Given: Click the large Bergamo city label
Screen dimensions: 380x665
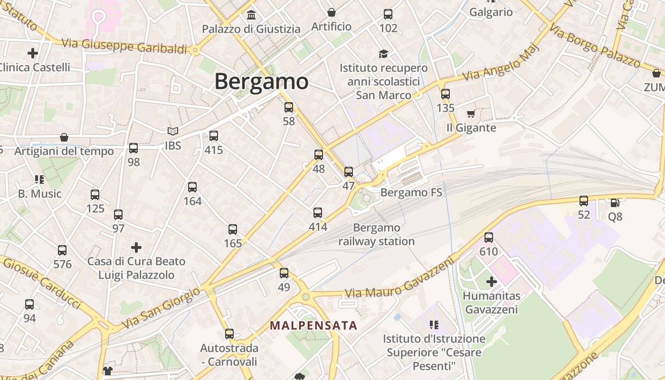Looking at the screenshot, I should [x=261, y=81].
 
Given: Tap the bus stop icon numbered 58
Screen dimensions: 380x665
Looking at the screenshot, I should [x=289, y=107].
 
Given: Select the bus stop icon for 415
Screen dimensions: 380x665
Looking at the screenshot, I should [x=214, y=136].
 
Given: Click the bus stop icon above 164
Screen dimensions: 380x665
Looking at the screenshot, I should [x=192, y=187].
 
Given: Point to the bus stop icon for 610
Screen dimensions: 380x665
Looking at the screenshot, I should [x=489, y=237].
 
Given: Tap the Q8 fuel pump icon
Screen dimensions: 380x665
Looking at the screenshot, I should [x=615, y=202].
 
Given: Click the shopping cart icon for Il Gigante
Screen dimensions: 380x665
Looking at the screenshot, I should [x=471, y=114].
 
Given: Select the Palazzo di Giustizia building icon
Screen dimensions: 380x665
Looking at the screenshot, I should [x=251, y=15].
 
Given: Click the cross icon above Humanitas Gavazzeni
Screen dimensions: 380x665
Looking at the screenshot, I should [x=492, y=282].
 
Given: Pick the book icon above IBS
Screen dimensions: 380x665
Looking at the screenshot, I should [x=173, y=131].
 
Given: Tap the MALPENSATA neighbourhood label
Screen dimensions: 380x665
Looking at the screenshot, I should [x=313, y=325].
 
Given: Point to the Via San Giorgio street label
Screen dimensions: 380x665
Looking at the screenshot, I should [x=161, y=308].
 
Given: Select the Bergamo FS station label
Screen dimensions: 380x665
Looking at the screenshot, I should [x=411, y=192].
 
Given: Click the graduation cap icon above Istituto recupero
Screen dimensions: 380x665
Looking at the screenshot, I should [x=383, y=54].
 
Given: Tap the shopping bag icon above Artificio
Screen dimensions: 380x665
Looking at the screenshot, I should [x=332, y=12].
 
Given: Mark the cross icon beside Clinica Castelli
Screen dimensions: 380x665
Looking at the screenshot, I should [x=33, y=53].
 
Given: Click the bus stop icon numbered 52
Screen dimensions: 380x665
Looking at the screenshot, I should [x=584, y=201].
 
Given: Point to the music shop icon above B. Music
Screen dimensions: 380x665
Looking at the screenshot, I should [x=39, y=180].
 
